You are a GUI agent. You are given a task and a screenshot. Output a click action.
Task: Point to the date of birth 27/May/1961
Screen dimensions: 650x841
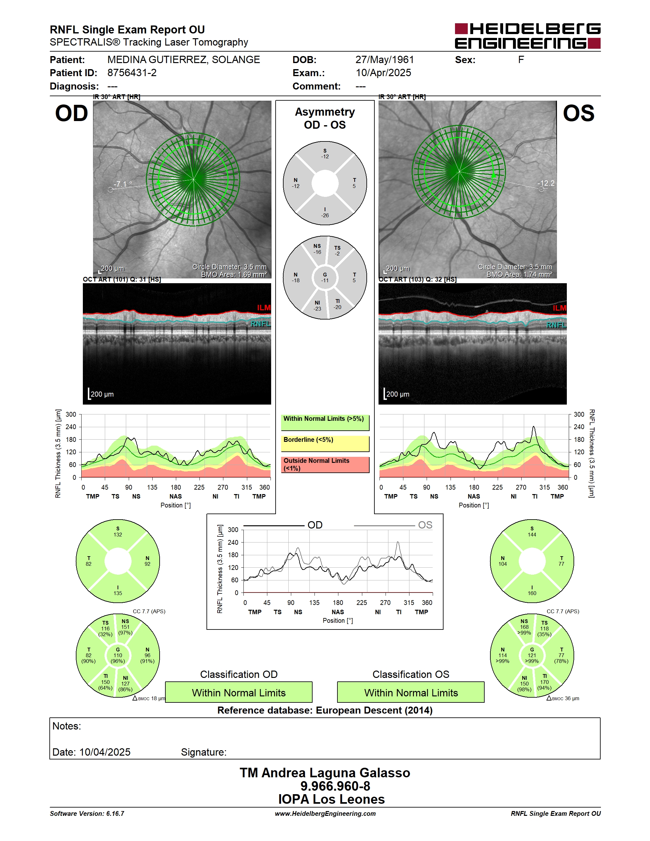click(385, 60)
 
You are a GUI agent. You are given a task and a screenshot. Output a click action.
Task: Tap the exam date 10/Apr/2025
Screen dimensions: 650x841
click(383, 73)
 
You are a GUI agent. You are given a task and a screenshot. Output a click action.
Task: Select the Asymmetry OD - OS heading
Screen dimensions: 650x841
click(325, 118)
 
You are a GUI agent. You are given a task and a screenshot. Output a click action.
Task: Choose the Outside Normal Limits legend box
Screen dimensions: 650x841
click(325, 464)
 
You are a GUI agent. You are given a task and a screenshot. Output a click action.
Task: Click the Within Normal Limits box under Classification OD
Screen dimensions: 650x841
click(239, 692)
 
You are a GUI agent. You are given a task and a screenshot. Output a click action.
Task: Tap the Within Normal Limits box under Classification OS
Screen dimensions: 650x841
click(411, 692)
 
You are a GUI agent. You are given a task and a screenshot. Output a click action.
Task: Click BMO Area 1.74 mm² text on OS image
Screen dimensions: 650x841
click(519, 275)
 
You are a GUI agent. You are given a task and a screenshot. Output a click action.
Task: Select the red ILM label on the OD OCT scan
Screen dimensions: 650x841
click(264, 307)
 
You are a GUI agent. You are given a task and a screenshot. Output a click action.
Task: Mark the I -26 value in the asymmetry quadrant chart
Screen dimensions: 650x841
click(325, 212)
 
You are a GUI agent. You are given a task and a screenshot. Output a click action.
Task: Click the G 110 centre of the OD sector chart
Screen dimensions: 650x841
click(118, 655)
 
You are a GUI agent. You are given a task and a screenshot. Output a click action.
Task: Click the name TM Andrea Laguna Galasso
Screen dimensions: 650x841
click(325, 773)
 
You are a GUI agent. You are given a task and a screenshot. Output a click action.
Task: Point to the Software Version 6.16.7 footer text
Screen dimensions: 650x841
click(87, 813)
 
